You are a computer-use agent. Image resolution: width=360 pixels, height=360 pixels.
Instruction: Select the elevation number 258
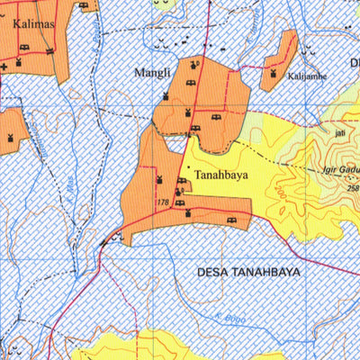coord(353,188)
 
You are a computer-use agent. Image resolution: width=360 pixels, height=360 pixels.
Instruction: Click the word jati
coord(339,131)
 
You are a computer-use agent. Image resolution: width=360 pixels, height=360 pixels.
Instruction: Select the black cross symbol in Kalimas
coord(4,65)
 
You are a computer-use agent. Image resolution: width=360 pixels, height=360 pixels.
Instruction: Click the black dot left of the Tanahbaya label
coord(186,167)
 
